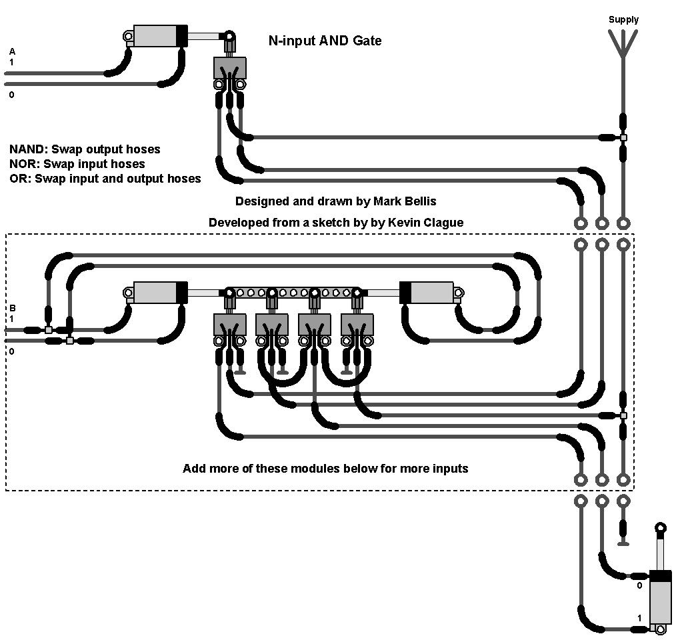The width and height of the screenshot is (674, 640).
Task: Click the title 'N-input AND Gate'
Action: coord(325,41)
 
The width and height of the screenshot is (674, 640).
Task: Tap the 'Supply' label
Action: coord(623,19)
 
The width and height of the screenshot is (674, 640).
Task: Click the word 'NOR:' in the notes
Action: coord(25,164)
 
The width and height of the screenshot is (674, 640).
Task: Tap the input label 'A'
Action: coord(11,51)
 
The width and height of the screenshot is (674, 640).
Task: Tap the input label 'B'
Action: coord(11,308)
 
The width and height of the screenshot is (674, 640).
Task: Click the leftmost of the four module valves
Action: coord(229,325)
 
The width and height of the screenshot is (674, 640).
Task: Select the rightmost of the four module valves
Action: coord(357,325)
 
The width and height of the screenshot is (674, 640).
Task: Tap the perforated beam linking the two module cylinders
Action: coord(293,292)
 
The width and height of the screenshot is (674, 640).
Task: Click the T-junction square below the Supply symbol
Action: coord(623,138)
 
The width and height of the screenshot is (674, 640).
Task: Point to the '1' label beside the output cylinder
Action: coord(639,618)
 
